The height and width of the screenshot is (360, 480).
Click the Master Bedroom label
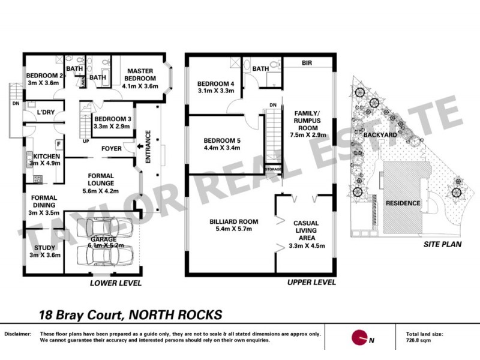coord(139,74)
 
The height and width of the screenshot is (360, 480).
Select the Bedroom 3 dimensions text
coord(113,127)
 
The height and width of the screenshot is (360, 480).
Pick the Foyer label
coord(112,146)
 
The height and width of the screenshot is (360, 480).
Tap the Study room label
coord(44,247)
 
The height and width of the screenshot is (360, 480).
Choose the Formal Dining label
coord(44,197)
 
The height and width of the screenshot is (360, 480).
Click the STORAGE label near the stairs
coord(273,170)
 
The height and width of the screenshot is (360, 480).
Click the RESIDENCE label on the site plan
coord(403,203)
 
